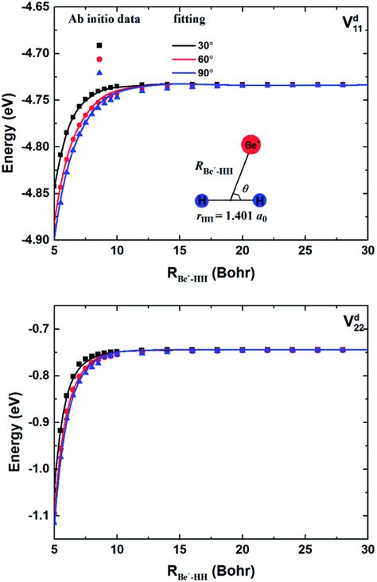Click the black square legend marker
click(x=99, y=45)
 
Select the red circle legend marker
click(x=99, y=59)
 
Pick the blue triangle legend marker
click(x=99, y=72)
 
